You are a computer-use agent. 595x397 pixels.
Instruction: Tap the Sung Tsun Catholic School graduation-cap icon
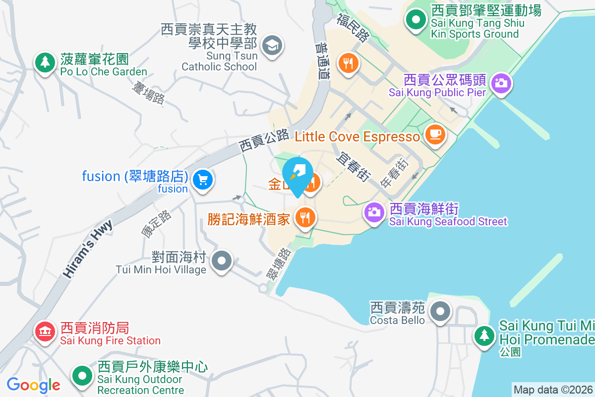(271, 46)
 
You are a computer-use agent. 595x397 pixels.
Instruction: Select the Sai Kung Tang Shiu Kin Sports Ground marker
(416, 20)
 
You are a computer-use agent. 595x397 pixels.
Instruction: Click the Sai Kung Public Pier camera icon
(501, 83)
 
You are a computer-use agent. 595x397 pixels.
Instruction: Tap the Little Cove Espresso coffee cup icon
(435, 134)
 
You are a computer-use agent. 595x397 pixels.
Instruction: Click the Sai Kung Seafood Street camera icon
(374, 213)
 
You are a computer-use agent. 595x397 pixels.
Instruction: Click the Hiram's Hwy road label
(88, 249)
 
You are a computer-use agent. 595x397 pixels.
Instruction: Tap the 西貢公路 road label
(264, 140)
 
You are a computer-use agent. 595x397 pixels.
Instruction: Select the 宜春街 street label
(354, 165)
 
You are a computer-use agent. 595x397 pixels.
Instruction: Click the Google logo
(33, 385)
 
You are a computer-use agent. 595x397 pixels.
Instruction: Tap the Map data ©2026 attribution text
(553, 390)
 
